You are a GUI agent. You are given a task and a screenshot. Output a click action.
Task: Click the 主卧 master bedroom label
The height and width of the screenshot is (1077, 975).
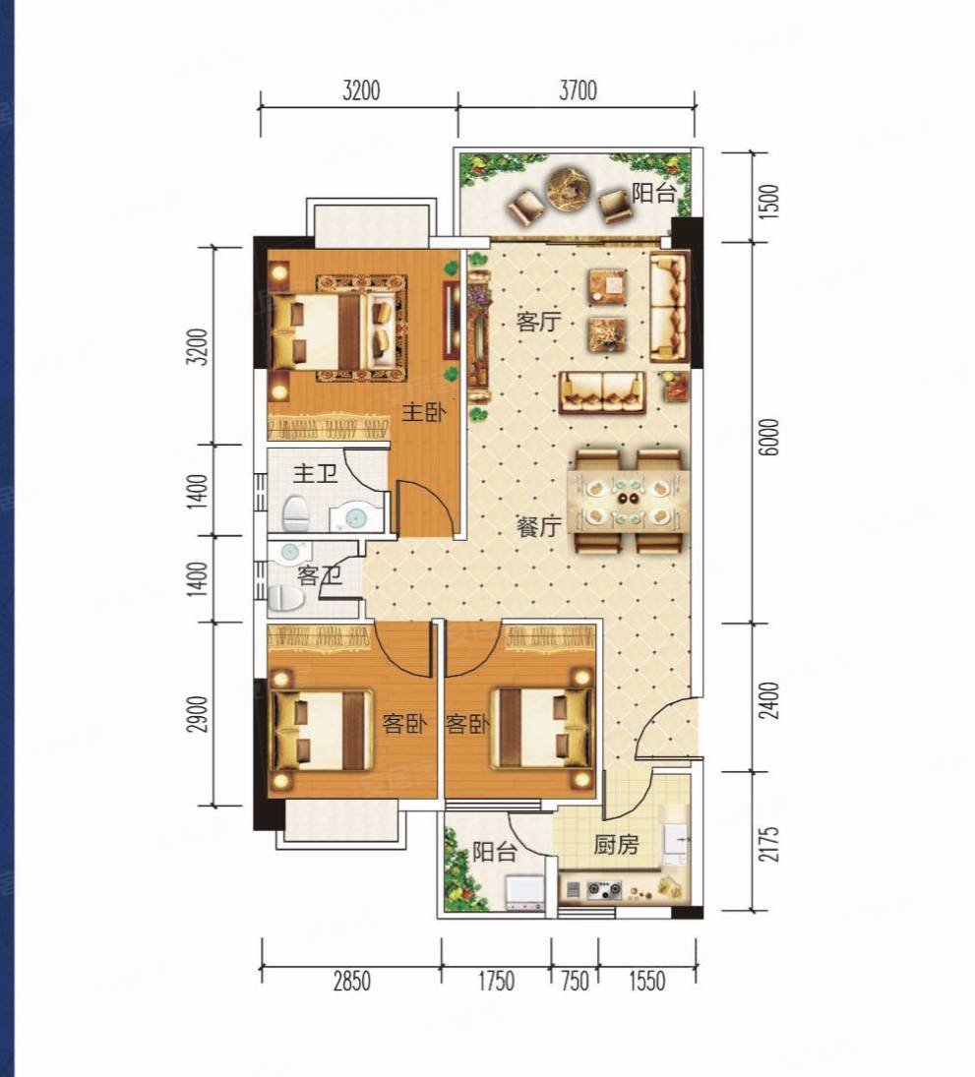423,413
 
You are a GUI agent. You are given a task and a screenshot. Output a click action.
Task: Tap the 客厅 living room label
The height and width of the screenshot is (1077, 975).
539,322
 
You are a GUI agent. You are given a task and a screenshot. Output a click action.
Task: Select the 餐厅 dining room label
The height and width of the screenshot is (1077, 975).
539,527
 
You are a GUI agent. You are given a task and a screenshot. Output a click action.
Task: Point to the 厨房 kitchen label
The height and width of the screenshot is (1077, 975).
616,845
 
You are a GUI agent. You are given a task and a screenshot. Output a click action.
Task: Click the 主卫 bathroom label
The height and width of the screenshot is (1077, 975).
316,473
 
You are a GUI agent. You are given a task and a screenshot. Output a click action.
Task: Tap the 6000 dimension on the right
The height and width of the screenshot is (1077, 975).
771,437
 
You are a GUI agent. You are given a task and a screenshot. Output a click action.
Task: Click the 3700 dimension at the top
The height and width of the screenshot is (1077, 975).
578,90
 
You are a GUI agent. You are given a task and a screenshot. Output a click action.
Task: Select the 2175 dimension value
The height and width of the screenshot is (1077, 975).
771,844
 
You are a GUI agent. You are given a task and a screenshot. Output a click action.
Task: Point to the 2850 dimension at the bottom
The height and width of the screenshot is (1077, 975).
352,981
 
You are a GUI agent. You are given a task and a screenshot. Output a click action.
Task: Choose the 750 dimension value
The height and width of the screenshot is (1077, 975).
576,981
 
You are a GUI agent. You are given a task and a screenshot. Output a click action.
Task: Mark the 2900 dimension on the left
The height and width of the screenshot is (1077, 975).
198,714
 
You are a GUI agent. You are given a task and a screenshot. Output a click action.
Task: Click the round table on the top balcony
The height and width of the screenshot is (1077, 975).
571,186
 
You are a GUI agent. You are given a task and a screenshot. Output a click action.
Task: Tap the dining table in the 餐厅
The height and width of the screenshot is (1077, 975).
629,500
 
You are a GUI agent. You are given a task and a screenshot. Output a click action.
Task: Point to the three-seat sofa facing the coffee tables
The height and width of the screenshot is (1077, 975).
602,392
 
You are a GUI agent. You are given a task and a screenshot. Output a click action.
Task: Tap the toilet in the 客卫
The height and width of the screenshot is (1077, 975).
286,599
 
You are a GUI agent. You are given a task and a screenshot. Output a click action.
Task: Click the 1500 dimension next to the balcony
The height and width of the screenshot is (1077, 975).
771,201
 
